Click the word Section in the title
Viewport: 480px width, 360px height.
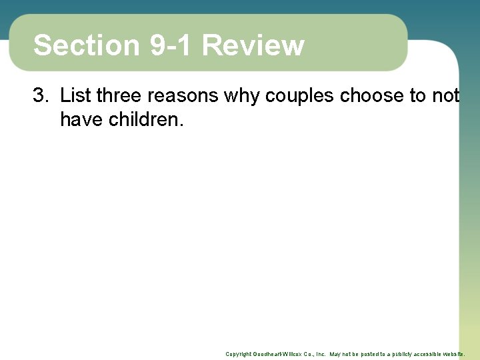86,45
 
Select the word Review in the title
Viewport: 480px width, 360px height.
253,45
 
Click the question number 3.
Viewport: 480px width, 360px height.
41,96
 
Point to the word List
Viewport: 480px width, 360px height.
75,96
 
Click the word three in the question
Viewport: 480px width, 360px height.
119,96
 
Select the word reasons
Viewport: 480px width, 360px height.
183,96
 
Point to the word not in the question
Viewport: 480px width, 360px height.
445,96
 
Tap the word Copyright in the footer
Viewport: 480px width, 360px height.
238,354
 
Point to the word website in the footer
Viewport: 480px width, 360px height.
453,354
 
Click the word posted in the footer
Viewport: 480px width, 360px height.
361,354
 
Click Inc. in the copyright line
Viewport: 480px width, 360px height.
321,354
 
